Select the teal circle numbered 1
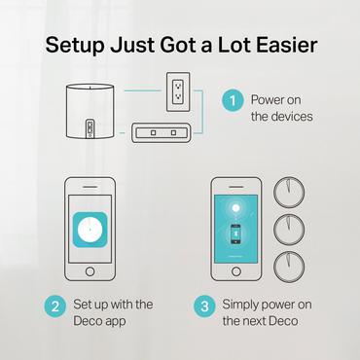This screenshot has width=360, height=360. click(233, 100)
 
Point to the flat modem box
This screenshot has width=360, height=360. click(162, 131)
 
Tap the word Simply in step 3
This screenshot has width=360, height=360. click(243, 304)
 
